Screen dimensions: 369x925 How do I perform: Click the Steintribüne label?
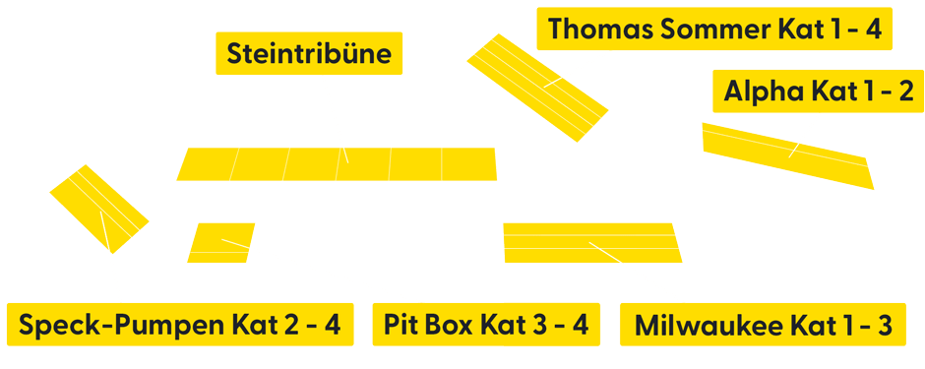pyautogui.click(x=309, y=53)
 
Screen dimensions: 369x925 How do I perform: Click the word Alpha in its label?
pyautogui.click(x=764, y=92)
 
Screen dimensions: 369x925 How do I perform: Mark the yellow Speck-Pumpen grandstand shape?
pyautogui.click(x=98, y=209)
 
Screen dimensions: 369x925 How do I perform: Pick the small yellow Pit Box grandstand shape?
pyautogui.click(x=218, y=243)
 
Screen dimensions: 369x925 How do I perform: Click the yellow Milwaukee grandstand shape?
pyautogui.click(x=590, y=243)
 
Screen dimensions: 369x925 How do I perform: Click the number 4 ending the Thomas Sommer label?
pyautogui.click(x=874, y=29)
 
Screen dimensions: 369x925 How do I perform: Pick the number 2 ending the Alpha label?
pyautogui.click(x=905, y=92)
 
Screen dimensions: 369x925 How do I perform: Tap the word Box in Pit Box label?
pyautogui.click(x=454, y=325)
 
